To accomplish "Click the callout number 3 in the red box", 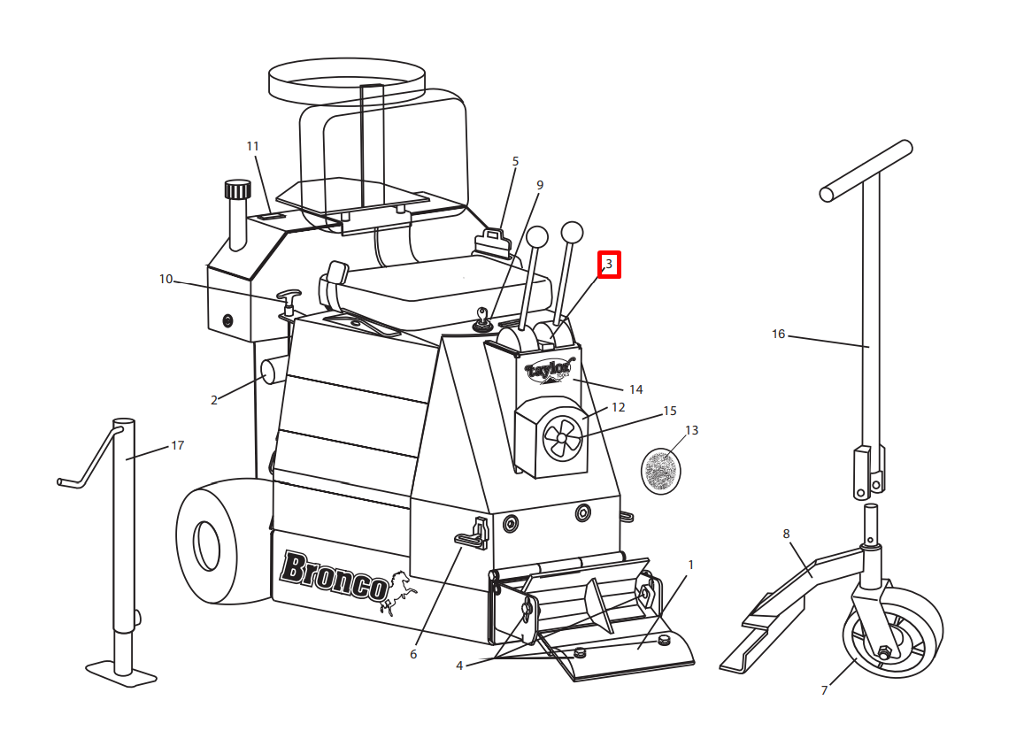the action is [609, 265].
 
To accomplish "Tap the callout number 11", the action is [253, 146].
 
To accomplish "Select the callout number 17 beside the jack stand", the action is [178, 445].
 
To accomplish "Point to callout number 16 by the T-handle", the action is [779, 335].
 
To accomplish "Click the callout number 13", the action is [691, 430].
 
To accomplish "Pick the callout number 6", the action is [413, 654].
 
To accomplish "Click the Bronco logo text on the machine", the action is [335, 576].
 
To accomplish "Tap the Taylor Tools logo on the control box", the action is [550, 370].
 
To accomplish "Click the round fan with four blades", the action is [562, 437].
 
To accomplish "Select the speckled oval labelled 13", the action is [661, 471].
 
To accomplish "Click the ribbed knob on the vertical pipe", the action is [238, 189].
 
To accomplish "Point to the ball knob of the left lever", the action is [537, 237].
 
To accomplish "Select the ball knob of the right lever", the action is [572, 233].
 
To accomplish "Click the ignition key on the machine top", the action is [482, 319].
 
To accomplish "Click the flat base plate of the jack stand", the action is [121, 673].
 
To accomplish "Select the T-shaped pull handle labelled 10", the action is [289, 301].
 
